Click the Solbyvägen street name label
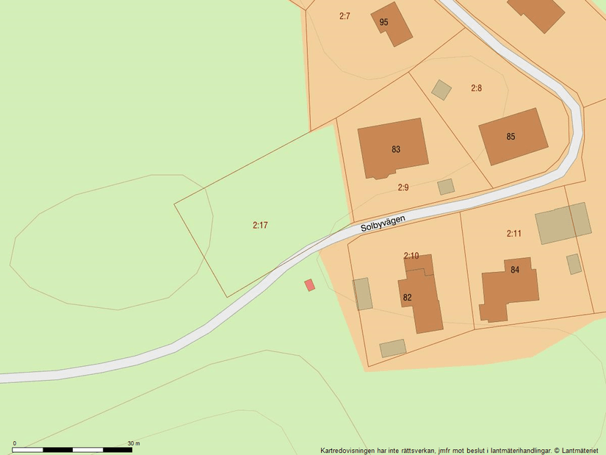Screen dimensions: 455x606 [x=383, y=223]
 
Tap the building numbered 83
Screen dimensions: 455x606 [x=392, y=148]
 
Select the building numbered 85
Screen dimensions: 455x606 [x=513, y=137]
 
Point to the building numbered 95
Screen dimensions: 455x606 [x=392, y=24]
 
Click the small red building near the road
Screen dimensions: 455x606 [x=310, y=284]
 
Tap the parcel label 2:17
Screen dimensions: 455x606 [x=260, y=225]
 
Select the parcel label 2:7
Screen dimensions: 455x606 [x=345, y=16]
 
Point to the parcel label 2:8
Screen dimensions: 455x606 [x=476, y=88]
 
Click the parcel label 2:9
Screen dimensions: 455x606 [x=403, y=187]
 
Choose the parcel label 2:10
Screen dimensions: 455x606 [x=411, y=256]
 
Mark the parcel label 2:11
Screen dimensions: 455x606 [x=513, y=234]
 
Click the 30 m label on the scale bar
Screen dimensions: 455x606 [x=133, y=443]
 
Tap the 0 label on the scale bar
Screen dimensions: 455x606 [x=15, y=443]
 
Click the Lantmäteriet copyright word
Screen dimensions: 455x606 [x=582, y=451]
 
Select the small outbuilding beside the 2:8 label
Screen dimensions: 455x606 [x=441, y=90]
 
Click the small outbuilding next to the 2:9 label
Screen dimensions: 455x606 [x=446, y=187]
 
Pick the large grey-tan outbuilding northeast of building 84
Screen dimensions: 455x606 [x=563, y=223]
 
